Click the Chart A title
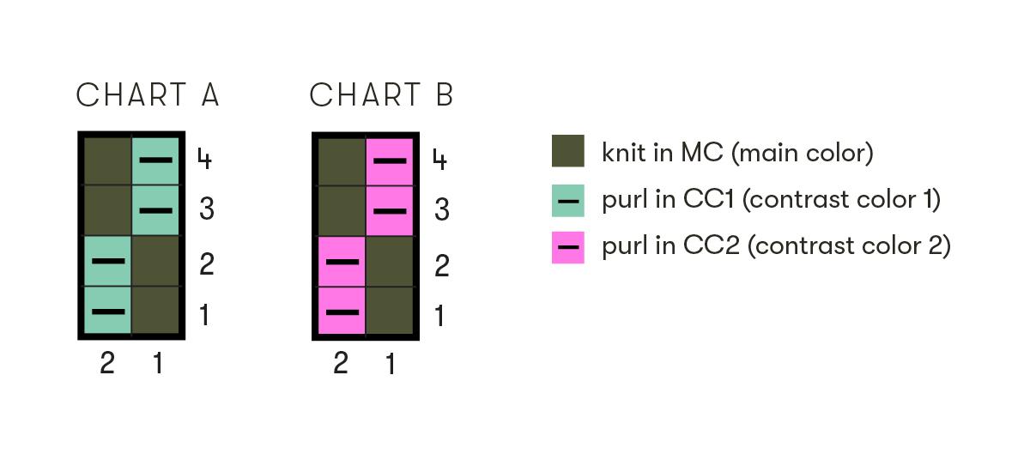[x=147, y=95]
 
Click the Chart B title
[x=381, y=95]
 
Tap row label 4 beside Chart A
[x=204, y=159]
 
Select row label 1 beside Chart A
[x=204, y=315]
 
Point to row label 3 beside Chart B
[x=441, y=209]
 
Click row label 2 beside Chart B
[x=441, y=266]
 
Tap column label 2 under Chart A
[x=107, y=363]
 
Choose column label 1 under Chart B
[x=391, y=364]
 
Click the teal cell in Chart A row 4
[x=155, y=160]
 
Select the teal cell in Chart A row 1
[x=107, y=310]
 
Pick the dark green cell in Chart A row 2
[x=155, y=261]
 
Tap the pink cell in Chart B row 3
[x=390, y=211]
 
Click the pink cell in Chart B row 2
[x=342, y=262]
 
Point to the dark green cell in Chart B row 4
[x=342, y=161]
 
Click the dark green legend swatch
[x=568, y=151]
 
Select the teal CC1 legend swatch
[x=568, y=201]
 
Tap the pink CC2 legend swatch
[x=568, y=247]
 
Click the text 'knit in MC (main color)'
[x=737, y=153]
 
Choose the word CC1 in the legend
[x=709, y=199]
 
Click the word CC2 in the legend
[x=712, y=245]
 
